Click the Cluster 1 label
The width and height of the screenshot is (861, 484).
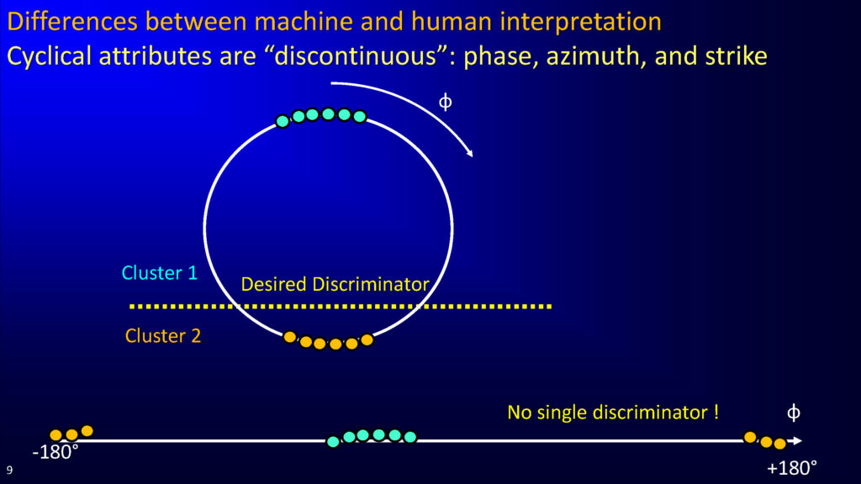[159, 273]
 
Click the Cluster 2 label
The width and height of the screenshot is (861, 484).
[163, 336]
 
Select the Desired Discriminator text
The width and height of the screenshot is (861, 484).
[335, 284]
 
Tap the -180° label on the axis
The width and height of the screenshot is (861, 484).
[55, 453]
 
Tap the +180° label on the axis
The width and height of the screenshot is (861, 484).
[792, 468]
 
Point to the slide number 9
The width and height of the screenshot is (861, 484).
[9, 470]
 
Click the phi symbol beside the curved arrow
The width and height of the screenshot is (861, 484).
[446, 102]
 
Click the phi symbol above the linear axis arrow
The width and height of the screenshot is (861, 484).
[794, 413]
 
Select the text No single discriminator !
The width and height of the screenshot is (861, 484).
[613, 412]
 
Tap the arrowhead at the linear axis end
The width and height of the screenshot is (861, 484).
[797, 440]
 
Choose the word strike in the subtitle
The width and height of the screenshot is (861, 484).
[737, 56]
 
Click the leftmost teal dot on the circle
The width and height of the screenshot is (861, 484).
[283, 121]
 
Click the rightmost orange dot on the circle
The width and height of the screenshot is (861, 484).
[367, 340]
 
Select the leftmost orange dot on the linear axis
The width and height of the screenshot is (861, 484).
[56, 436]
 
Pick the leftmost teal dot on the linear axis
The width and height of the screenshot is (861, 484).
[333, 442]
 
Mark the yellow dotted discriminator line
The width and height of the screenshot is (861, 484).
[341, 306]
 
